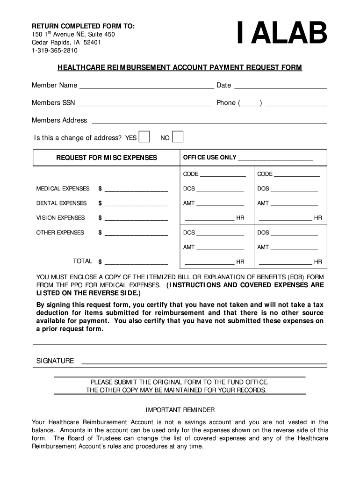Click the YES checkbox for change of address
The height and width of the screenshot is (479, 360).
144,137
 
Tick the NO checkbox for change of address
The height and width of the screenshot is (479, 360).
178,137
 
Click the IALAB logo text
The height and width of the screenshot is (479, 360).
282,34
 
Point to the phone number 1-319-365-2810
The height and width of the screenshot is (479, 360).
55,51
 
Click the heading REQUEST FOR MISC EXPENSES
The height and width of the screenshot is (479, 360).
107,158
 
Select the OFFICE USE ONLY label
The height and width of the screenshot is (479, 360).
209,157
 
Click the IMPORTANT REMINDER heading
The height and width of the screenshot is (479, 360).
180,410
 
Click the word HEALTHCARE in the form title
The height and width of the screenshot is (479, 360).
81,68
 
